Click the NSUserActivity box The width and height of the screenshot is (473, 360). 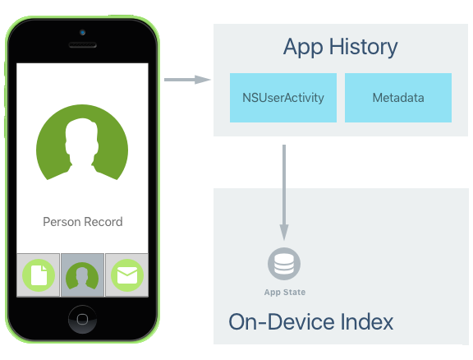click(x=283, y=98)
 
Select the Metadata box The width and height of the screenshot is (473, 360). click(x=398, y=98)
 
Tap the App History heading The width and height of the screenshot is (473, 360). click(x=340, y=47)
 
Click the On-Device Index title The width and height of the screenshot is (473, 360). click(x=310, y=322)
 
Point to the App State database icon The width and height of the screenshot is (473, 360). click(x=284, y=264)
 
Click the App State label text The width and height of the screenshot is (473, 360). click(x=285, y=292)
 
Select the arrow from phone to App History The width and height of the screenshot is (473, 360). click(x=187, y=80)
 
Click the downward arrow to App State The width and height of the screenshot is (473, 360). click(x=284, y=192)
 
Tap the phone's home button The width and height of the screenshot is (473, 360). click(x=82, y=319)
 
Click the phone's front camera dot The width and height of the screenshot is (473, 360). click(x=82, y=32)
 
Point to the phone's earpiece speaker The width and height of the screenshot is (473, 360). click(x=83, y=45)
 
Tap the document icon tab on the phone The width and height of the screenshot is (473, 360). click(x=39, y=275)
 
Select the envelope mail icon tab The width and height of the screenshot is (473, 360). click(x=127, y=275)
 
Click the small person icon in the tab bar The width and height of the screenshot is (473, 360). click(x=82, y=275)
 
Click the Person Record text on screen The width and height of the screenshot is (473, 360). click(x=83, y=222)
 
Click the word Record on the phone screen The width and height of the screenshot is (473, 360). click(x=103, y=222)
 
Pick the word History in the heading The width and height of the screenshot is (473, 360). click(x=363, y=47)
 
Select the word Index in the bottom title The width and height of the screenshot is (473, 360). click(x=367, y=322)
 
